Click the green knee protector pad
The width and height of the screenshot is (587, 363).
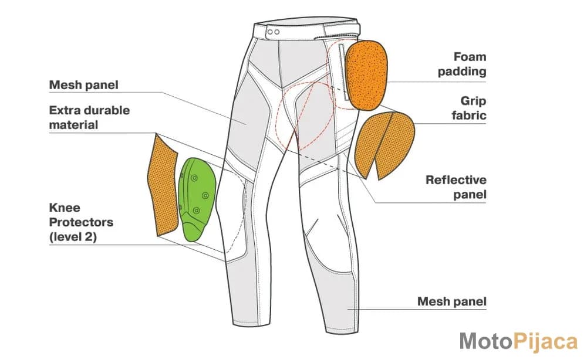[x=197, y=199]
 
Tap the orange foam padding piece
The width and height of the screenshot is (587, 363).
[x=366, y=74]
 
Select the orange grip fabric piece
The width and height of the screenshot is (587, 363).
[x=384, y=144]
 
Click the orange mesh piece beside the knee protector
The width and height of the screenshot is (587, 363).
[x=163, y=186]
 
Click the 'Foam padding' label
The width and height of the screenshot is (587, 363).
[x=462, y=64]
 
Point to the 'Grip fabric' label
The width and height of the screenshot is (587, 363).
[x=468, y=108]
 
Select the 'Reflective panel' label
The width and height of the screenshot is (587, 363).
[x=456, y=187]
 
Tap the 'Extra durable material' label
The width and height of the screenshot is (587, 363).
[x=89, y=117]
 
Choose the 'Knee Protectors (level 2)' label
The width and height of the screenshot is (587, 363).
[x=81, y=222]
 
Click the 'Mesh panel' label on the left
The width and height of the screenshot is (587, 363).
[x=83, y=85]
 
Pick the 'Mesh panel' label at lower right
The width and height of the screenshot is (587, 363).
[x=452, y=301]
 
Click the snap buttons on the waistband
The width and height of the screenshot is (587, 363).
[x=274, y=32]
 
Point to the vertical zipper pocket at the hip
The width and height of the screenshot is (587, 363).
[x=343, y=72]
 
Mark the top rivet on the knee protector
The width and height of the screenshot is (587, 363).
[x=194, y=178]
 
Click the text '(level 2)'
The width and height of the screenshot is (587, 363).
[x=73, y=237]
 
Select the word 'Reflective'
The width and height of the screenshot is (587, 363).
[x=456, y=180]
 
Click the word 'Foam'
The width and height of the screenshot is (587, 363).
[x=470, y=57]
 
